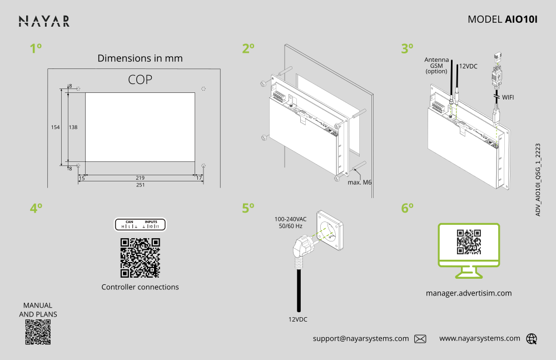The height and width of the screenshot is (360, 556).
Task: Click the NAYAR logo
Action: pos(44,21)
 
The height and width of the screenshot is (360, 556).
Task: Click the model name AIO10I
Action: pos(521,19)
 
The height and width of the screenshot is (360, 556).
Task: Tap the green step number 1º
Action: pos(36,49)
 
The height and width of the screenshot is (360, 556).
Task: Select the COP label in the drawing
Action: pos(140,80)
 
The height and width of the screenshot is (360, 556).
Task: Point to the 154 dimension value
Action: pos(55,127)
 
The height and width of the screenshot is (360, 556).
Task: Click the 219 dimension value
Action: pos(140,177)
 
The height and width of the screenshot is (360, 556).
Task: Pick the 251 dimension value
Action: pos(140,185)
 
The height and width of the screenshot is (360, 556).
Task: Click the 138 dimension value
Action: pos(73,127)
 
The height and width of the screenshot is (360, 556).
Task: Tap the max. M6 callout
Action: pos(359,182)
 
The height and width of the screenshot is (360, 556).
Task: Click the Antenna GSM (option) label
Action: pos(436,65)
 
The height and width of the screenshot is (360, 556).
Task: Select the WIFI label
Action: pos(508,97)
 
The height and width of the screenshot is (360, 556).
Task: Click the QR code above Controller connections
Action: pos(140,258)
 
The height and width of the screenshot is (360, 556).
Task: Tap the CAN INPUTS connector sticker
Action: pos(140,225)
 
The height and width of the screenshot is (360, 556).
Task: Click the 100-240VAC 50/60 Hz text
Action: pos(290,222)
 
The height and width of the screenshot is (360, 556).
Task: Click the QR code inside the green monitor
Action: pos(469,242)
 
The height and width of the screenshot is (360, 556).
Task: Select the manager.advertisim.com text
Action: pos(469,293)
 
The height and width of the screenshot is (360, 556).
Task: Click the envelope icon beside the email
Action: pos(420,338)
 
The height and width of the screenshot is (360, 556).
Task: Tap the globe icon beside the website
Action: pos(532,338)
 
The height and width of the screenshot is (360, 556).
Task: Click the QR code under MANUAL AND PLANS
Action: pos(38,333)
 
